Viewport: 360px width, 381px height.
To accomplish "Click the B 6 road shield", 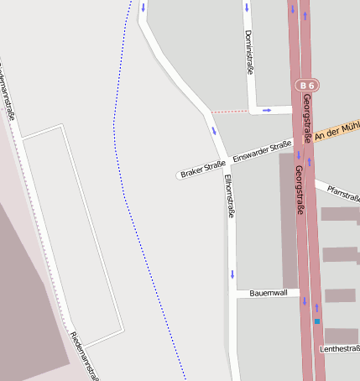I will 307,85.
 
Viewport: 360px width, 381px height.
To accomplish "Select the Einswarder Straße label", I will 262,151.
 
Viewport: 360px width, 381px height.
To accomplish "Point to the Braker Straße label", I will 203,170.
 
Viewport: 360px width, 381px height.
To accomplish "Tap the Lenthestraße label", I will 339,347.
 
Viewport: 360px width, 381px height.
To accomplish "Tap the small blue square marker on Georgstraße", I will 317,321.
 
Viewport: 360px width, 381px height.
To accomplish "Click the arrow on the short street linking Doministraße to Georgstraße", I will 267,110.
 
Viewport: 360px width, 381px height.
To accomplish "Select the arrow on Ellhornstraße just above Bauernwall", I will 232,274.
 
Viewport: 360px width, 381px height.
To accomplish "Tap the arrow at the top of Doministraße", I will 247,8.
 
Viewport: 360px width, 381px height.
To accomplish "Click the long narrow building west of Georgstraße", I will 289,218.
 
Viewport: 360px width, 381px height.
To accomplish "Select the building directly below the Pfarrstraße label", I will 340,214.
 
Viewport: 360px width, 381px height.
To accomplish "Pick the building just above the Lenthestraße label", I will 341,334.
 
